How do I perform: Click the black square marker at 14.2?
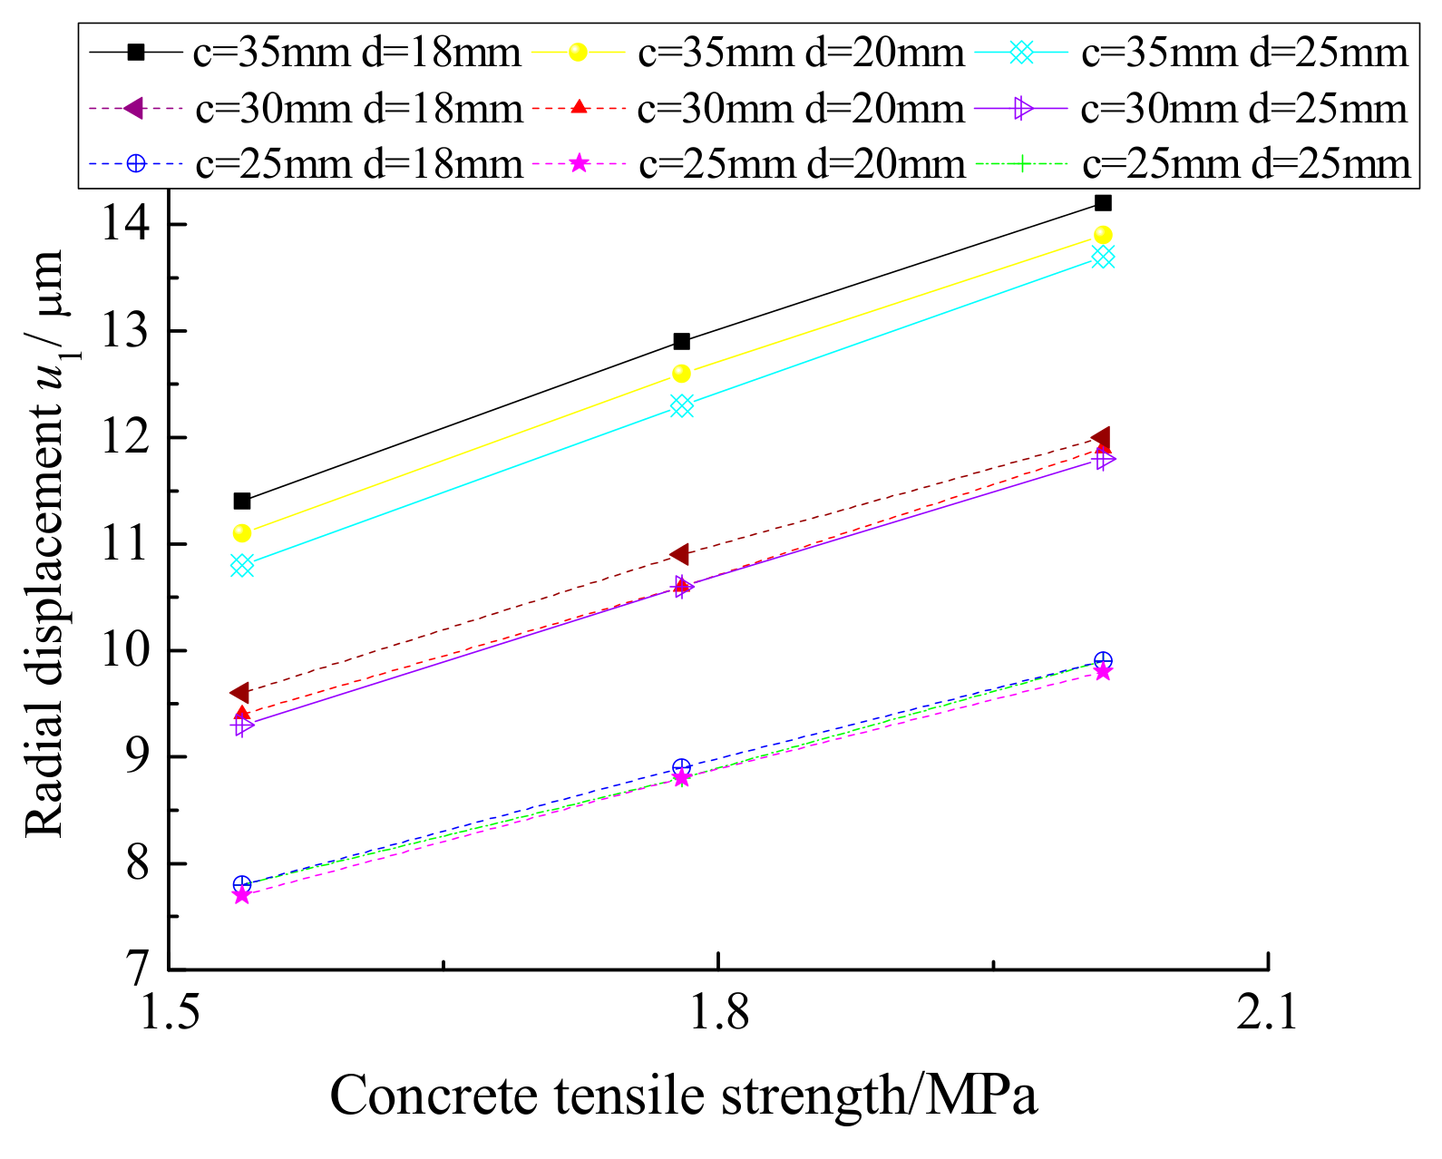pos(1103,202)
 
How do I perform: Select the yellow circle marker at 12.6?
pos(681,374)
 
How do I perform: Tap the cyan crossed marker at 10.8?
pos(242,566)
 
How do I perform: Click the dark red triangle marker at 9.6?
pos(240,693)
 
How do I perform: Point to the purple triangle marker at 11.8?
pos(1104,460)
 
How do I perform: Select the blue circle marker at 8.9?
pos(682,768)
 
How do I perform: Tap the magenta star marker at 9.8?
pos(1103,672)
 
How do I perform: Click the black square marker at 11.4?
pos(242,502)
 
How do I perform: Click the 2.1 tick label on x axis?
pos(1267,1014)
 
